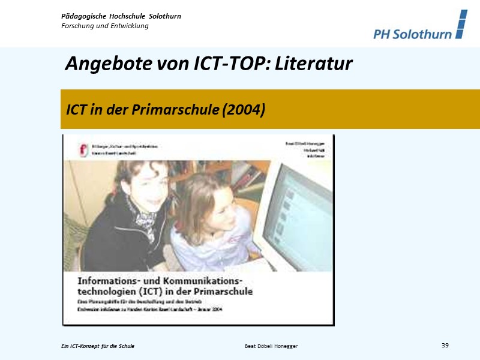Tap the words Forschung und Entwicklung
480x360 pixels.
(105, 26)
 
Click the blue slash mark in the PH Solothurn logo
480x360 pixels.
(460, 24)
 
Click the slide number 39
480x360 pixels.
(445, 345)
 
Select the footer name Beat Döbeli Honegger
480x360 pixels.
(271, 346)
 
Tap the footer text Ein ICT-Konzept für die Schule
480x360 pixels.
(98, 346)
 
